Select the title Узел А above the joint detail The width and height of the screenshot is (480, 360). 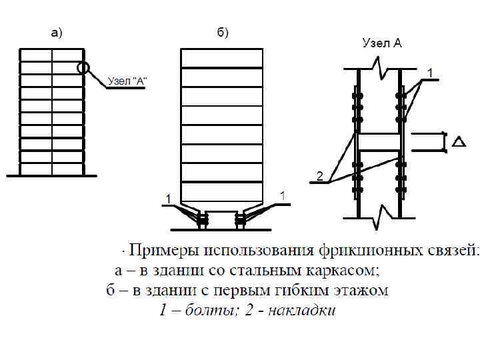[x=382, y=43]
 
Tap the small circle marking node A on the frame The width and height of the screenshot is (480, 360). [x=83, y=67]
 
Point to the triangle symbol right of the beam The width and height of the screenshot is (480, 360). [x=458, y=141]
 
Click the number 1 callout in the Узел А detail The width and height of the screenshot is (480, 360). [x=430, y=71]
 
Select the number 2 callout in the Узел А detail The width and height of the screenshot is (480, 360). [x=319, y=177]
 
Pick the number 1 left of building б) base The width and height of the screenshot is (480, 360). [x=168, y=198]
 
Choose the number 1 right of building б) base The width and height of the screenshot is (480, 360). [x=283, y=196]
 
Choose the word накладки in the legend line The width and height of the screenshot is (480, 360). [x=302, y=311]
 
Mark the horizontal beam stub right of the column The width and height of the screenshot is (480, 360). [x=427, y=141]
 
